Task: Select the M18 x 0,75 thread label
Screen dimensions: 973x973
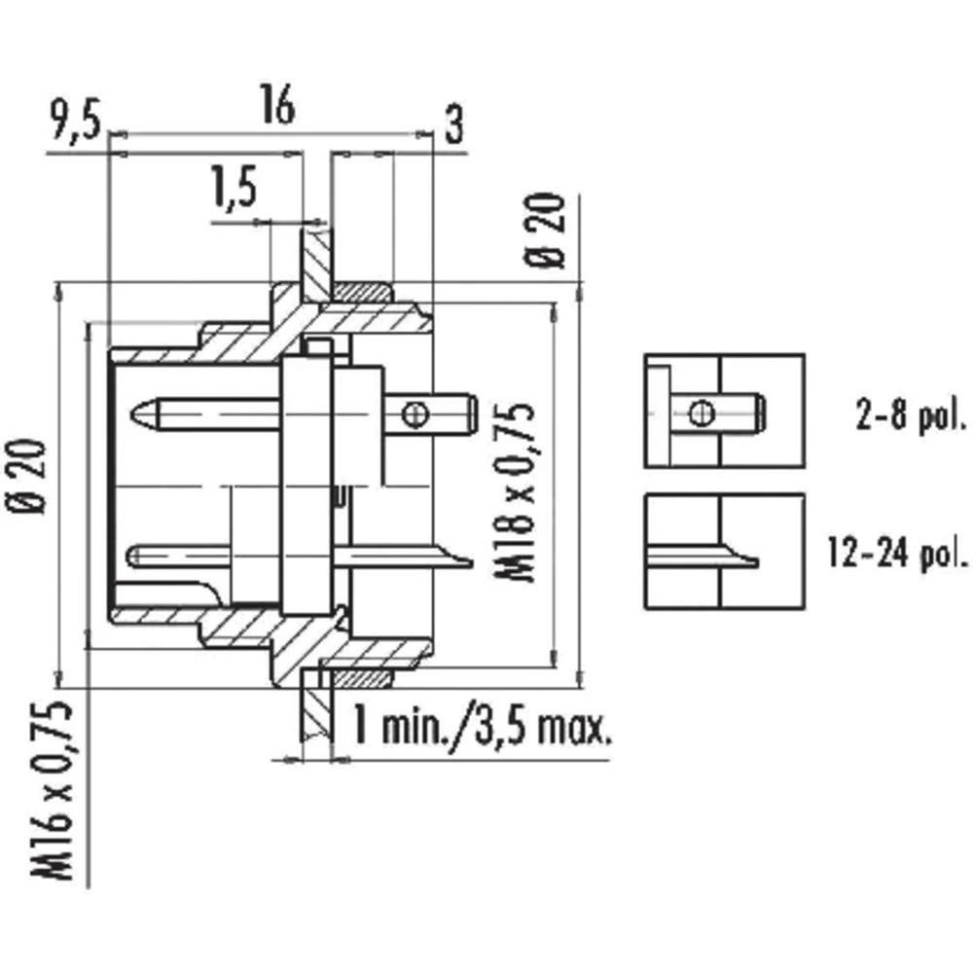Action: (x=521, y=491)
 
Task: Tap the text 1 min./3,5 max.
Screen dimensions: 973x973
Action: (x=482, y=725)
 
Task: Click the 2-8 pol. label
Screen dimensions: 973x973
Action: (x=910, y=418)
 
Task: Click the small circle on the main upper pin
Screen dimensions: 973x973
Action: (x=415, y=414)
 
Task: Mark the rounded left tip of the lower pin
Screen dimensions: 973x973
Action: (x=136, y=556)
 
